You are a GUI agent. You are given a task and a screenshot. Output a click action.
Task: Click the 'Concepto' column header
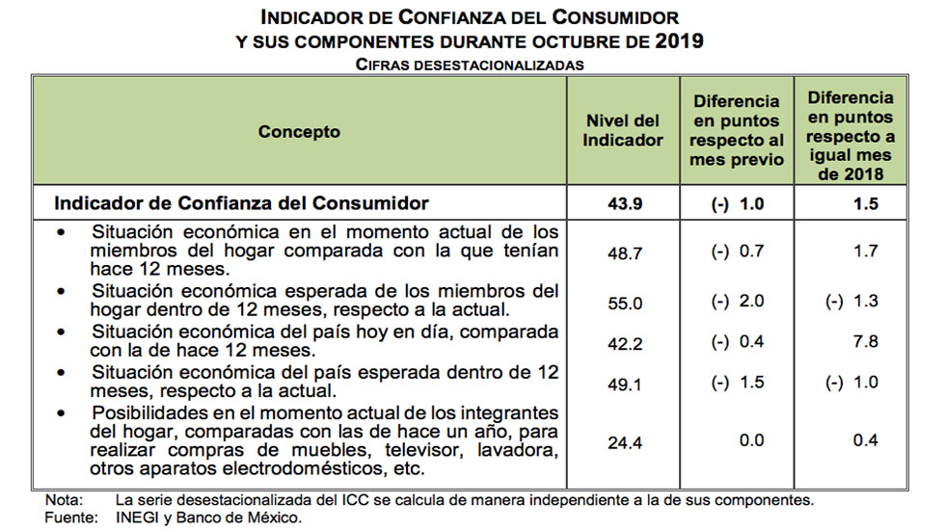coord(299,132)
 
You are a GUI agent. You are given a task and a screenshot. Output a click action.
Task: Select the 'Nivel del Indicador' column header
coord(624,130)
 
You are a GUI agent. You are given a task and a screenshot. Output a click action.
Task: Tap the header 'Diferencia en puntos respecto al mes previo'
coord(737,130)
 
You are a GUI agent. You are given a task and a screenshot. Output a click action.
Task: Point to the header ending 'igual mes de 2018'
coord(850,136)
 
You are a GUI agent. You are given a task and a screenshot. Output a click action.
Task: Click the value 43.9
coord(624,204)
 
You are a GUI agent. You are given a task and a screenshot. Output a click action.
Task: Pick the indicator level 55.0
coord(624,301)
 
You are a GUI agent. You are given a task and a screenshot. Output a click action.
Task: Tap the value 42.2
coord(624,341)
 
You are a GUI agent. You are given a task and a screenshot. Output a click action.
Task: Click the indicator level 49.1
coord(624,382)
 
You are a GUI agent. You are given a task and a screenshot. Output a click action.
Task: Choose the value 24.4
coord(624,441)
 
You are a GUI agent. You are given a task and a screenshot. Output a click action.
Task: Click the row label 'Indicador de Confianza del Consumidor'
coord(241,204)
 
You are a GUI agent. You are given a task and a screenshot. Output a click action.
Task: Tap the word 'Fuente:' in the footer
coord(69,518)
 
